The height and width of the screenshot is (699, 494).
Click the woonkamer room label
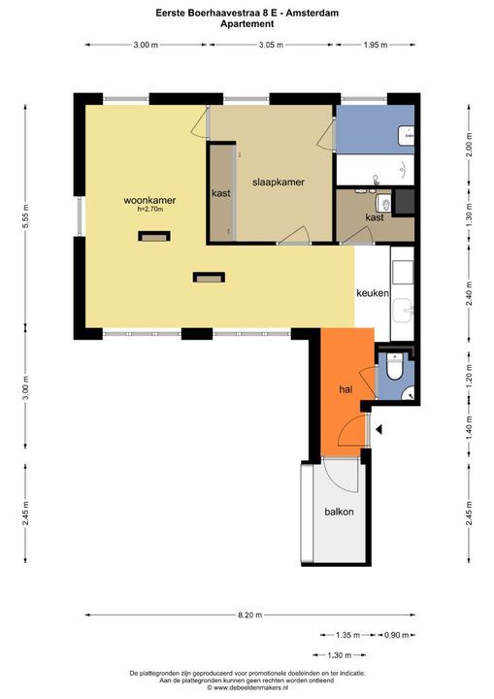[x=143, y=200]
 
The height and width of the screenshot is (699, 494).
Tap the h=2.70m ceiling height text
[x=150, y=209]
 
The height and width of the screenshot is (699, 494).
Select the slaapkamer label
[x=279, y=182]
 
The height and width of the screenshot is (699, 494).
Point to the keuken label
[x=373, y=292]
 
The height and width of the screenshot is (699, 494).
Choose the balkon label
[x=339, y=512]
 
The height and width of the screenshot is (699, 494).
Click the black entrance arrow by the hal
[x=379, y=428]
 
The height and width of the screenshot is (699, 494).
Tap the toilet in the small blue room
[x=394, y=370]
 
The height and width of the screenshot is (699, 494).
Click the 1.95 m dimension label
[x=376, y=45]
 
